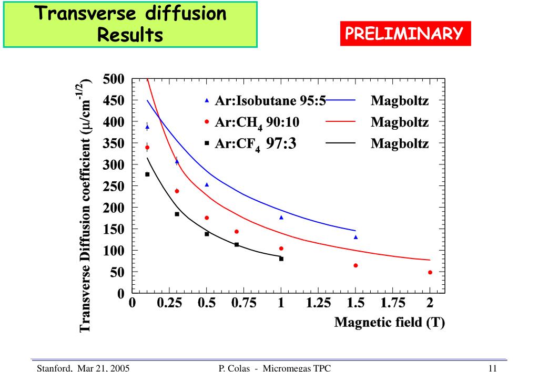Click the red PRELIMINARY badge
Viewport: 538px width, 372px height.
tap(403, 34)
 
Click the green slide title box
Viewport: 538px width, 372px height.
tap(131, 24)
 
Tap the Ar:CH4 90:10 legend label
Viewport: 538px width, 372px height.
tap(258, 122)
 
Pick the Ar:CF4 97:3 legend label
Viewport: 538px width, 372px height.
tap(256, 143)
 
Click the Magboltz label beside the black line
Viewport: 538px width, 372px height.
tap(400, 143)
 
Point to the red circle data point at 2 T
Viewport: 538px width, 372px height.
tap(430, 272)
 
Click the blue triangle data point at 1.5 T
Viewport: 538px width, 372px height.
tap(356, 237)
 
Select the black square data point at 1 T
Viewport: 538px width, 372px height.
tap(281, 259)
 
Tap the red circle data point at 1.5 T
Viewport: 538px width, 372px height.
tap(356, 265)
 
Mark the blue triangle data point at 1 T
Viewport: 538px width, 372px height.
tap(281, 217)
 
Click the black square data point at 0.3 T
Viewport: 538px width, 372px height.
tap(177, 214)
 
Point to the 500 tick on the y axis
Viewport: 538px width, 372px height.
tap(113, 79)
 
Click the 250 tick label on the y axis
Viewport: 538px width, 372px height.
tap(113, 187)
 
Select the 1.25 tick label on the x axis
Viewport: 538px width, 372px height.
tap(318, 303)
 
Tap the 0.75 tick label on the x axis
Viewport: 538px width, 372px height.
tap(244, 303)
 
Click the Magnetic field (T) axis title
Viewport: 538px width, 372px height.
tap(390, 322)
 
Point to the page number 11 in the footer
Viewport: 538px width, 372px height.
tap(493, 367)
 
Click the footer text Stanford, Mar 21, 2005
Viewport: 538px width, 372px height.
tap(83, 367)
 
